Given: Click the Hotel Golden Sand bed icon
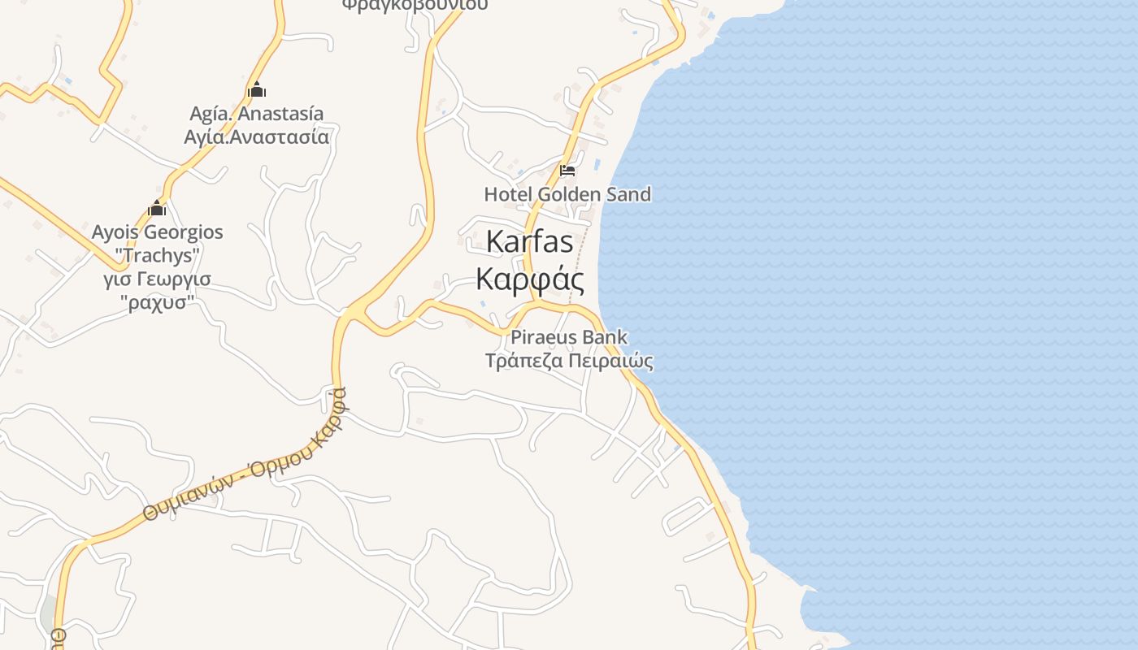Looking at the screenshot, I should [567, 171].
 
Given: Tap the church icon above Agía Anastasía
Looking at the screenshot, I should [257, 89].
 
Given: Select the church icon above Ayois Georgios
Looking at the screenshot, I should [157, 209].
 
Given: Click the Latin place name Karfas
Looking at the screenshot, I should [529, 241].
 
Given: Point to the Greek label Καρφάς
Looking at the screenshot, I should [529, 279].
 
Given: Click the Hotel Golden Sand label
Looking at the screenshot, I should [567, 194].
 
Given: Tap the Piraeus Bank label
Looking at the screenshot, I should [569, 337].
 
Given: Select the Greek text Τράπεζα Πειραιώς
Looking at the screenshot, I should [569, 360].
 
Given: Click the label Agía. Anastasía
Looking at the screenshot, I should [256, 114].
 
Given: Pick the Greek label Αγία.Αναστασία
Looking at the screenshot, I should [256, 136].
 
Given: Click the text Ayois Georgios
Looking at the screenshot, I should [157, 232].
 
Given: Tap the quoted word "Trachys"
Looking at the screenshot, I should [157, 255].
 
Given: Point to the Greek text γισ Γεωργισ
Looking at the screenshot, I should [157, 279].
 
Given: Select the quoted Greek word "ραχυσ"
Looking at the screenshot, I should [157, 302].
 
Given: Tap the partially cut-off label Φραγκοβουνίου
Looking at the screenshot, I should [415, 5].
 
